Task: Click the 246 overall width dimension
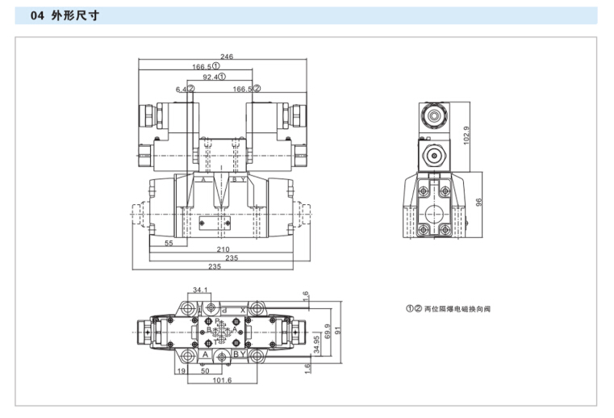[x=227, y=56]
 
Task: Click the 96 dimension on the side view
[x=479, y=203]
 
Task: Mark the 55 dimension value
[x=169, y=242]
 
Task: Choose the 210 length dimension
[x=223, y=249]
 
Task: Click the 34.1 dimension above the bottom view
[x=201, y=289]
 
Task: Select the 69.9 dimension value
[x=327, y=332]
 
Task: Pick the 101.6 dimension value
[x=223, y=380]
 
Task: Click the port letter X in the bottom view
[x=242, y=310]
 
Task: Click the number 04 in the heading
[x=37, y=15]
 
